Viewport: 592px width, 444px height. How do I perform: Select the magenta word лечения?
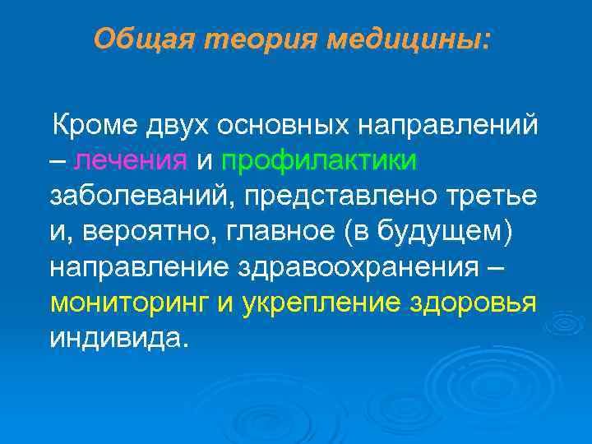tap(131, 161)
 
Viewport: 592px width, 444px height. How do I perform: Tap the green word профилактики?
tap(318, 161)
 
